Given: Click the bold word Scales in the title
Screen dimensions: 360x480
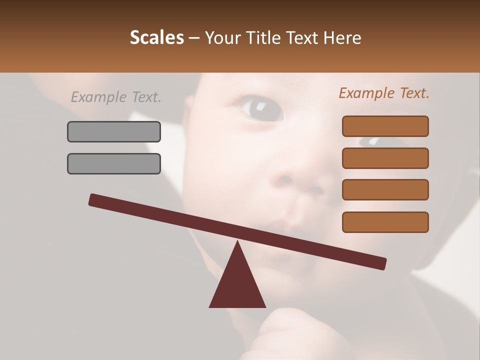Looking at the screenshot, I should [x=157, y=38].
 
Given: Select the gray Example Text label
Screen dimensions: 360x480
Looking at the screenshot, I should [x=116, y=97].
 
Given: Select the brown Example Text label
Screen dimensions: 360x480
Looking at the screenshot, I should [x=384, y=93].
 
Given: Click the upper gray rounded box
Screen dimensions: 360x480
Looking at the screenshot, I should [x=114, y=131].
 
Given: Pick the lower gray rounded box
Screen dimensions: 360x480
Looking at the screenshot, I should [x=114, y=163].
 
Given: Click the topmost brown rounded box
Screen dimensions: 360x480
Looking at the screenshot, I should [x=385, y=126].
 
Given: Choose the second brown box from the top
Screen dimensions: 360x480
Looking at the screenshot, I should [x=385, y=158].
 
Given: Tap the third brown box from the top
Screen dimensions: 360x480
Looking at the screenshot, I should [x=385, y=189].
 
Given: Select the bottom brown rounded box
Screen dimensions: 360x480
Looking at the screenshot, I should [x=385, y=222].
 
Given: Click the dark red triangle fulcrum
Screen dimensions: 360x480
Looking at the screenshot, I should [x=237, y=285].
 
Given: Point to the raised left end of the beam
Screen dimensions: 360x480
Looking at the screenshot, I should [x=93, y=200].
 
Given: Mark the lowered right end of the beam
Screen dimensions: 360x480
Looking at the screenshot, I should [x=382, y=263].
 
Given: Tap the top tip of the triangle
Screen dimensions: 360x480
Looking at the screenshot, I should [x=237, y=243].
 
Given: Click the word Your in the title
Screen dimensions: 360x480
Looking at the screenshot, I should [x=221, y=38].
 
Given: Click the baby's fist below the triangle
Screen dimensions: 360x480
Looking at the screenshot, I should [x=280, y=332].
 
